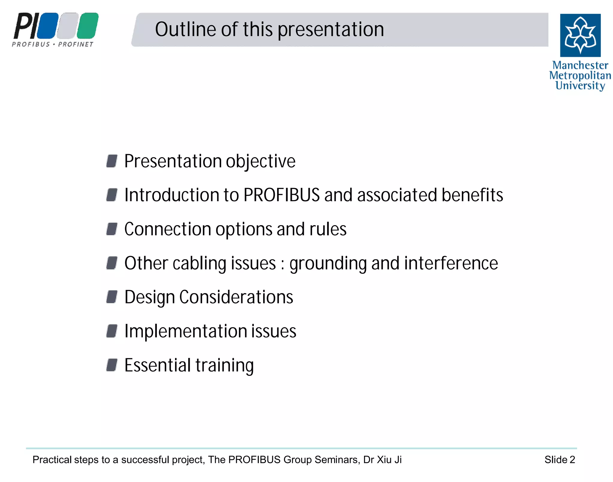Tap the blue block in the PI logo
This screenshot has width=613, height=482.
pyautogui.click(x=48, y=26)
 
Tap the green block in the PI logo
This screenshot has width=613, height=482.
pyautogui.click(x=88, y=26)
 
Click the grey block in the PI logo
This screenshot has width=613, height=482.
pyautogui.click(x=68, y=26)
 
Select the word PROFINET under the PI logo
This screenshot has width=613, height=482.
pyautogui.click(x=76, y=45)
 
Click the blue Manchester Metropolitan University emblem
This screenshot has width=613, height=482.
pyautogui.click(x=580, y=35)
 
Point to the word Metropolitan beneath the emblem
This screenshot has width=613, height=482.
pyautogui.click(x=580, y=75)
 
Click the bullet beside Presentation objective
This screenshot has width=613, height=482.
pyautogui.click(x=112, y=161)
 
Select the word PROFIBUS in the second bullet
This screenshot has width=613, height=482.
pyautogui.click(x=281, y=195)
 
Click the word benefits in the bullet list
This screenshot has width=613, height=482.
pyautogui.click(x=472, y=195)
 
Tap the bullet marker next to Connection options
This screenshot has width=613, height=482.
pyautogui.click(x=112, y=229)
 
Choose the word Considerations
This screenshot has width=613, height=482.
pyautogui.click(x=236, y=297)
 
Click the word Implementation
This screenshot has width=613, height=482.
pyautogui.click(x=185, y=331)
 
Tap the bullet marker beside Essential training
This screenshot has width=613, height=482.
pyautogui.click(x=112, y=365)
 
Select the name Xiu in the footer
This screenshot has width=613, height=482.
pyautogui.click(x=384, y=460)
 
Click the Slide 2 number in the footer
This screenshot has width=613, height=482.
pyautogui.click(x=559, y=460)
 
